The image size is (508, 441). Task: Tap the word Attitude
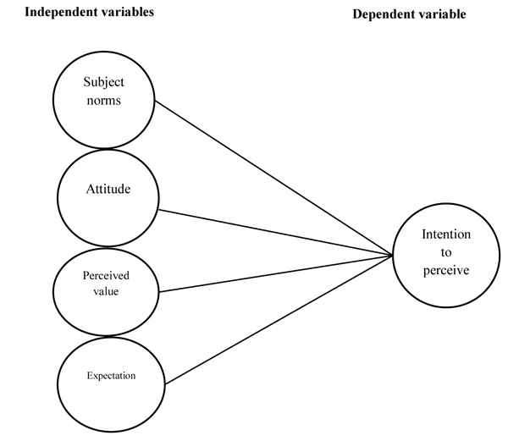point(108,190)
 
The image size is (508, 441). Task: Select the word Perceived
point(106,275)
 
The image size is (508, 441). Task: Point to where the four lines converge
point(391,254)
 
